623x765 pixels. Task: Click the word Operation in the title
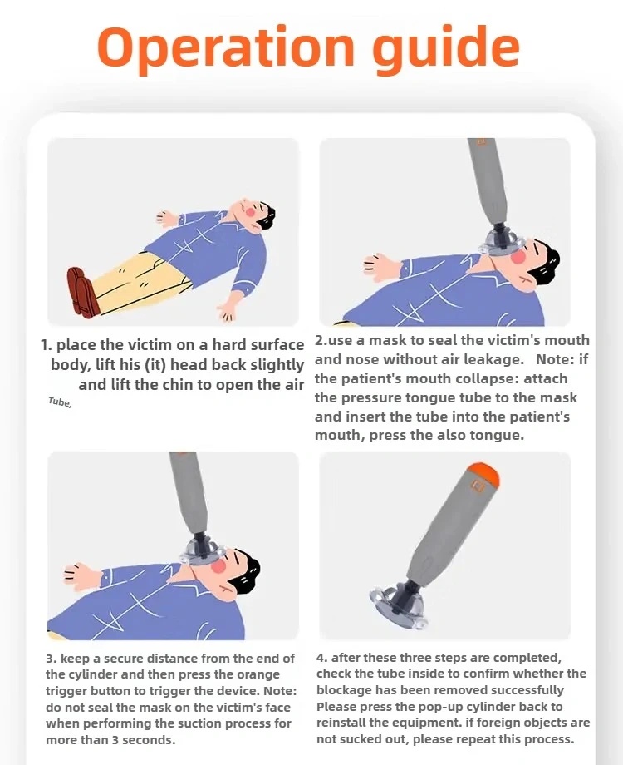coord(226,48)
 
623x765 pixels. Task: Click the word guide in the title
coord(445,48)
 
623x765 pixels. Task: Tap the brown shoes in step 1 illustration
coord(83,292)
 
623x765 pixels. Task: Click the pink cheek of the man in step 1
coord(251,211)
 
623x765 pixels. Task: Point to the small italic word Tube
coord(60,402)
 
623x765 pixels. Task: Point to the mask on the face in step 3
coord(203,552)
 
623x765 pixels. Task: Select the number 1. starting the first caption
coord(47,345)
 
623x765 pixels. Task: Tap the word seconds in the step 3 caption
coord(148,739)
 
